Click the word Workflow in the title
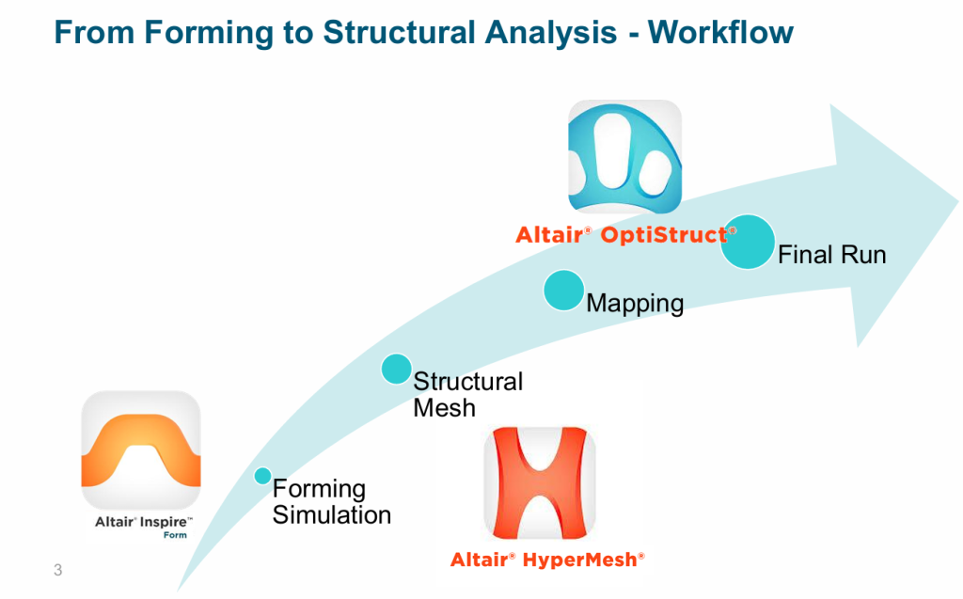pyautogui.click(x=720, y=32)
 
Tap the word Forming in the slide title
pyautogui.click(x=209, y=33)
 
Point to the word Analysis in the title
pyautogui.click(x=550, y=33)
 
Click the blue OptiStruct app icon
pyautogui.click(x=624, y=157)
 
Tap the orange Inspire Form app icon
pyautogui.click(x=141, y=449)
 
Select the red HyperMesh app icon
pyautogui.click(x=539, y=483)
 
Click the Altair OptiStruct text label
pyautogui.click(x=625, y=235)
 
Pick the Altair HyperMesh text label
pyautogui.click(x=547, y=560)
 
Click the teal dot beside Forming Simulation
pyautogui.click(x=263, y=476)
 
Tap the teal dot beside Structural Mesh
pyautogui.click(x=396, y=369)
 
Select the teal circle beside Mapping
pyautogui.click(x=564, y=290)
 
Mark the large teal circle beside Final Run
pyautogui.click(x=748, y=242)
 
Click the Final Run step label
pyautogui.click(x=832, y=255)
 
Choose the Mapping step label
pyautogui.click(x=635, y=304)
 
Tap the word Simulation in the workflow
pyautogui.click(x=332, y=514)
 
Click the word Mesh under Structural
pyautogui.click(x=444, y=408)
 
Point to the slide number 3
pyautogui.click(x=57, y=570)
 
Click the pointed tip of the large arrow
pyautogui.click(x=957, y=201)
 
